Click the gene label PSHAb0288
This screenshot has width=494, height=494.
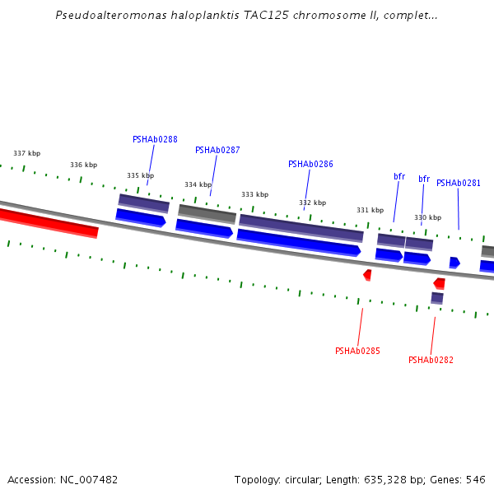click(155, 140)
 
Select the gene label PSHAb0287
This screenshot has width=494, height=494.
click(217, 151)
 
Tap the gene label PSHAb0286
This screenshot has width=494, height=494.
click(310, 165)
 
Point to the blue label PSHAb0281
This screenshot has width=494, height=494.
click(459, 184)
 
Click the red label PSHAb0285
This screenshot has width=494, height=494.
click(357, 352)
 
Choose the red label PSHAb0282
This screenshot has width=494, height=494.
click(431, 361)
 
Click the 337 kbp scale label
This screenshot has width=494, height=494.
click(26, 154)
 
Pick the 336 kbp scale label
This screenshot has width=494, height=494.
click(83, 165)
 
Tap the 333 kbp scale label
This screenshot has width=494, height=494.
click(254, 195)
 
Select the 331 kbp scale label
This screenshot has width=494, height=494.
click(370, 211)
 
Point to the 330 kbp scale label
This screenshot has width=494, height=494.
click(427, 218)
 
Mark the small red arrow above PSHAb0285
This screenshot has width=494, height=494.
click(367, 274)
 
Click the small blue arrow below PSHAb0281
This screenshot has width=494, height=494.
click(454, 263)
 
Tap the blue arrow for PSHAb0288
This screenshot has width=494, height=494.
click(140, 217)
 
